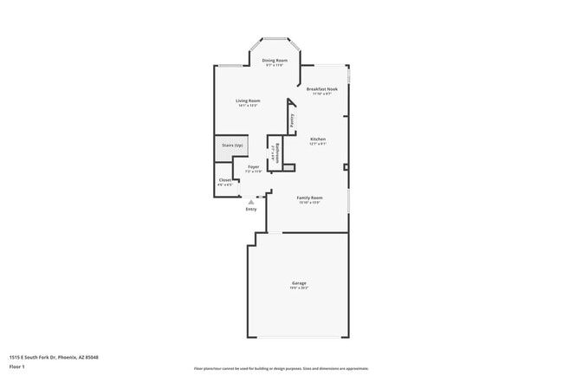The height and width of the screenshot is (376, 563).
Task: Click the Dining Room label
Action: (x=275, y=60)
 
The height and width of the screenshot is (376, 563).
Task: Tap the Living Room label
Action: (x=249, y=100)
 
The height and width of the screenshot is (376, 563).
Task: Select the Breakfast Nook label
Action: (x=321, y=89)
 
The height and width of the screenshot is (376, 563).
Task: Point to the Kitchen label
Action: (x=318, y=139)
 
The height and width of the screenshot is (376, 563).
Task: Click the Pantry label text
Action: (x=292, y=120)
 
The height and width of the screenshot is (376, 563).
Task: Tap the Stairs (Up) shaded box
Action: (x=231, y=146)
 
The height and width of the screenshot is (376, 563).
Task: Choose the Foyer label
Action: (x=253, y=166)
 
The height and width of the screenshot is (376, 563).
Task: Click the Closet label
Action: (x=224, y=180)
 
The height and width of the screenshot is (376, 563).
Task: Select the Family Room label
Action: (x=309, y=198)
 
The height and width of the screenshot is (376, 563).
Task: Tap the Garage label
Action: (x=298, y=283)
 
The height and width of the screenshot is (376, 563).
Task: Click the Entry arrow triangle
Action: (x=251, y=201)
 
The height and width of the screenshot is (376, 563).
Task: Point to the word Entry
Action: (x=251, y=209)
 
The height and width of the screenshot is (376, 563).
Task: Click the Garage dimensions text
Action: (x=298, y=288)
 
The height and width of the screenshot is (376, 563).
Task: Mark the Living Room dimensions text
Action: (x=249, y=106)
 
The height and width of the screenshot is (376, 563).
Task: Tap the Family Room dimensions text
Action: (x=309, y=203)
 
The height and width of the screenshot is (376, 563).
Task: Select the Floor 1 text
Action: (x=17, y=366)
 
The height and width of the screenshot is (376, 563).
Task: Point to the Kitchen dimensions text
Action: (x=318, y=144)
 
